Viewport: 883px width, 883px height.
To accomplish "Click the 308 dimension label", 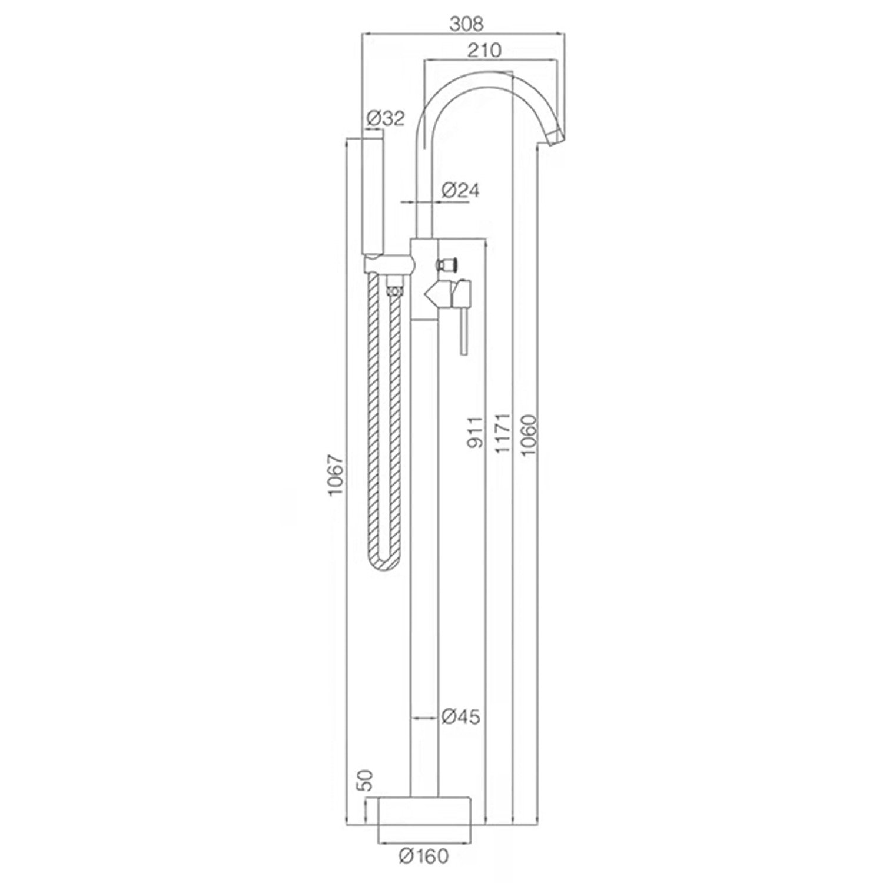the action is click(x=466, y=24).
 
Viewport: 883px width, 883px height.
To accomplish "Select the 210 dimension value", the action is click(x=484, y=50).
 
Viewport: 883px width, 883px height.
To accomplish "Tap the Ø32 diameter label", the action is click(x=386, y=119).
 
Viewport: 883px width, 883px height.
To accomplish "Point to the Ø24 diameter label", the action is click(x=461, y=190).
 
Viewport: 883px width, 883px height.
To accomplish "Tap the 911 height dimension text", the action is click(x=476, y=433).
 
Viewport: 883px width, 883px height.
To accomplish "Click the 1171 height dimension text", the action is click(x=503, y=433).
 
